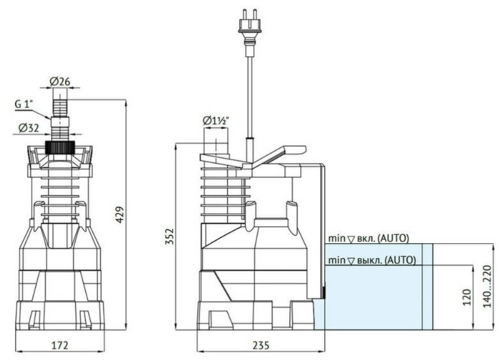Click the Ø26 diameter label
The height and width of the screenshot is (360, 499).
(60, 82)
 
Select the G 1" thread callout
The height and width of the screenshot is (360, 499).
(24, 105)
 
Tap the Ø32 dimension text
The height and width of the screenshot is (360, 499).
(29, 128)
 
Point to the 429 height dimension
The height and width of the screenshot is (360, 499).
(119, 215)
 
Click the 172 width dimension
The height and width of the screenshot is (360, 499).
(60, 345)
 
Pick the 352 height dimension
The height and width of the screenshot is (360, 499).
(170, 236)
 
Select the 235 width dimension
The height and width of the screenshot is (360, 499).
(261, 345)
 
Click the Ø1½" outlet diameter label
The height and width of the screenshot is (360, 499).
(216, 121)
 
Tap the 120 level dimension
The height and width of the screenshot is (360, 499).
(466, 297)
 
